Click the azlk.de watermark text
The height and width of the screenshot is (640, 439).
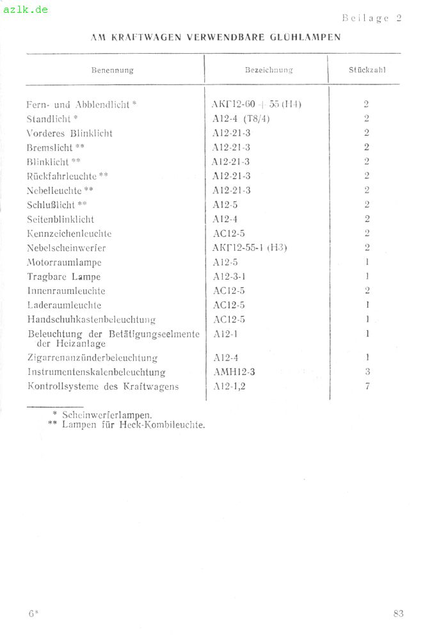point(26,10)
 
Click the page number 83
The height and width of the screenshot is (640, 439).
point(398,614)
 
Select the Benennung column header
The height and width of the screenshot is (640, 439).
point(113,70)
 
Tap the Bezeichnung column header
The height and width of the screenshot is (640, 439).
point(269,70)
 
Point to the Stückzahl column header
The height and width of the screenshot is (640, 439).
point(367,70)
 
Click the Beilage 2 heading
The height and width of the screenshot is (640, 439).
point(371,18)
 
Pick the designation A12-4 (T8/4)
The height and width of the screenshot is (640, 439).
point(241,119)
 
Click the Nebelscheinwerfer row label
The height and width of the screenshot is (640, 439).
point(66,248)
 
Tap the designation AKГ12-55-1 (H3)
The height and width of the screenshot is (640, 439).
point(249,248)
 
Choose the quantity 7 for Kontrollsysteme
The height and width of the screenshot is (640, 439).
point(367,386)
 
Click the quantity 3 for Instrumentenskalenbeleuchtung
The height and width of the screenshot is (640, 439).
point(367,372)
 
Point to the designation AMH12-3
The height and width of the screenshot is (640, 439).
point(234,372)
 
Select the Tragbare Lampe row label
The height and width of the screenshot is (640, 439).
point(63,276)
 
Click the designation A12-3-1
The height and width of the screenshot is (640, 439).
point(230,276)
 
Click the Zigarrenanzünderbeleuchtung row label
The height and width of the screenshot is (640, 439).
point(92,358)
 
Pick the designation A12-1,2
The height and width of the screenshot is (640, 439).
point(228,386)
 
